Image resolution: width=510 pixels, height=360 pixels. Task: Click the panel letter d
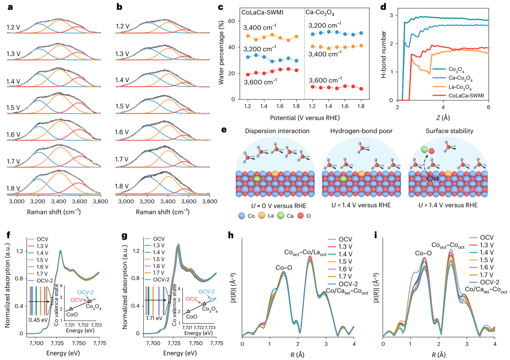point(383,7)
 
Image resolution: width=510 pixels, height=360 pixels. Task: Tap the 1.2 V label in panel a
point(13,27)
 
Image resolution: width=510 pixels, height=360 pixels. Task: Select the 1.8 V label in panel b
point(122,186)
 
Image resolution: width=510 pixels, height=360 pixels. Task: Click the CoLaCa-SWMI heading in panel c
point(262,12)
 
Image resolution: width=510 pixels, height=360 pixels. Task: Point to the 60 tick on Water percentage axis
point(231,21)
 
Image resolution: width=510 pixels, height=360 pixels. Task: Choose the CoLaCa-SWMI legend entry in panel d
point(466,96)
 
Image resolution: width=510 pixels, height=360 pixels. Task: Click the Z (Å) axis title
point(443,118)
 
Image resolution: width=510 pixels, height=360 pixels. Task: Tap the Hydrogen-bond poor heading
point(361,131)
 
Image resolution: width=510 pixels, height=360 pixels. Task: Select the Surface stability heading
point(449,131)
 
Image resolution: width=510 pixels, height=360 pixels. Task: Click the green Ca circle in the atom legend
point(281,215)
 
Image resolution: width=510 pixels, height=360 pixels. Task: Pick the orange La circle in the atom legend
point(262,215)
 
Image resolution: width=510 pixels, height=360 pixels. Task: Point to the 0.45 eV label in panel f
point(38,320)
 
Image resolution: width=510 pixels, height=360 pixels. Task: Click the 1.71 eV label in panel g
point(154,318)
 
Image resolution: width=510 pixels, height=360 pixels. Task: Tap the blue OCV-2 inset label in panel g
point(206,292)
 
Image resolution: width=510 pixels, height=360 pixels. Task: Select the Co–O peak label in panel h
point(284,268)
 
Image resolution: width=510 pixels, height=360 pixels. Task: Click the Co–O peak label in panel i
point(423,253)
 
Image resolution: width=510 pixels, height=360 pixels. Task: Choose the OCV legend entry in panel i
point(486,238)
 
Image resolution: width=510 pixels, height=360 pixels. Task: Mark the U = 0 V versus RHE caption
point(279,206)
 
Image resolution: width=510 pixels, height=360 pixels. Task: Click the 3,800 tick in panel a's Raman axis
point(100,201)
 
